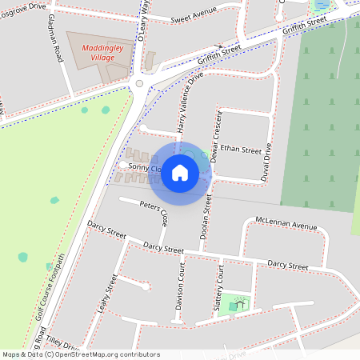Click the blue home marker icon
[x=180, y=173]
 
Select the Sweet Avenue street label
[x=194, y=16]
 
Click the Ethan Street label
[x=241, y=150]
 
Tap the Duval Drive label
[x=269, y=163]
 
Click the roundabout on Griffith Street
[x=139, y=82]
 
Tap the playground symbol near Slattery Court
[x=236, y=303]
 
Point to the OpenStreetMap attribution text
[x=81, y=354]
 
